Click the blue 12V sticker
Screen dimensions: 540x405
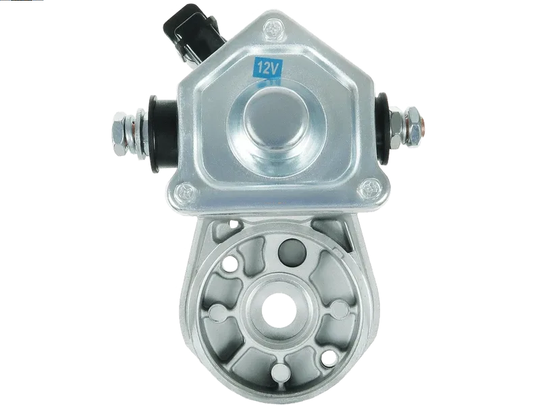[267, 68]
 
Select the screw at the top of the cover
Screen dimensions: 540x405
[274, 29]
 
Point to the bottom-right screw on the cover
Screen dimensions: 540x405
[370, 188]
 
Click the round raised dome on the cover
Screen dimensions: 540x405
[275, 122]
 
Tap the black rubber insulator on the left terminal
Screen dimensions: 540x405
[162, 134]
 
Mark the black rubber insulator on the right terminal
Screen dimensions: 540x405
[381, 127]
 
